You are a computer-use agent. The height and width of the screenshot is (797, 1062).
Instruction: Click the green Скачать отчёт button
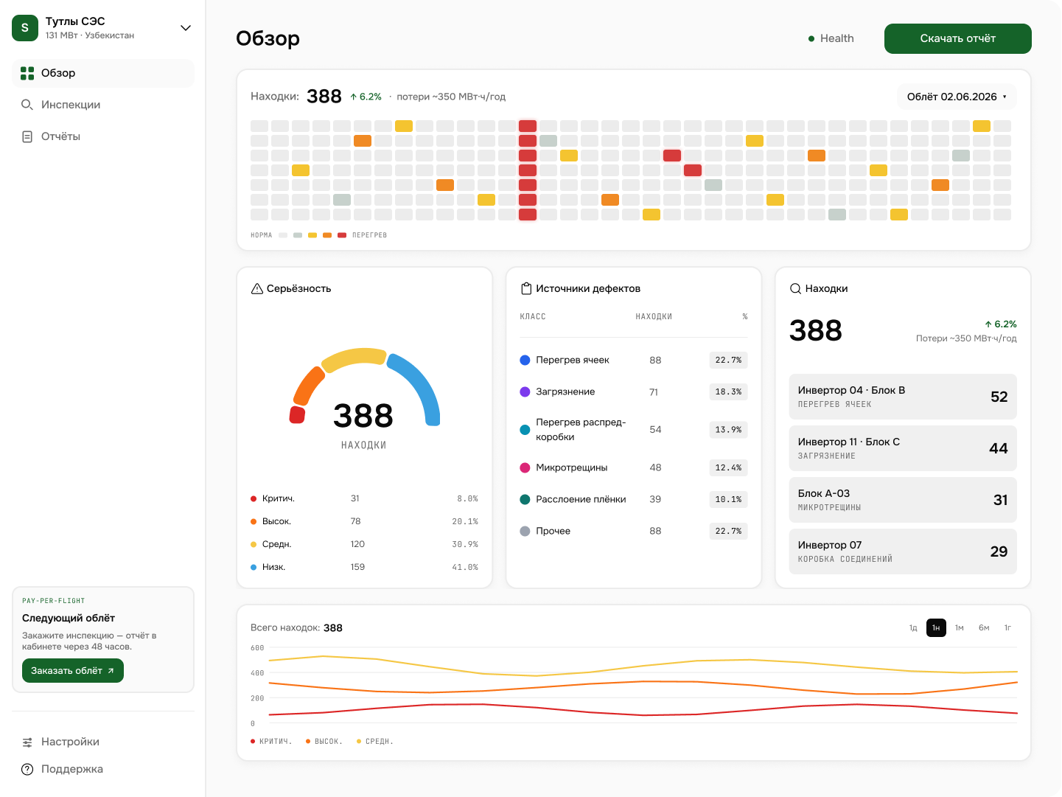point(957,38)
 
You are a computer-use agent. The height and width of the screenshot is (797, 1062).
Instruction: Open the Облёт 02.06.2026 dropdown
point(957,97)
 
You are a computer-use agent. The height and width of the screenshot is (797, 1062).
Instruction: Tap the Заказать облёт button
point(72,671)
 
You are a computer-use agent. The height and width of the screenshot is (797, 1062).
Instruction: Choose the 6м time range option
point(984,627)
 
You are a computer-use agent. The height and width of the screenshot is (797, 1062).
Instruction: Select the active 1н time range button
point(936,627)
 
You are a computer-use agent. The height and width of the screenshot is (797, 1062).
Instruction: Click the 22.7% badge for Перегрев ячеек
point(728,360)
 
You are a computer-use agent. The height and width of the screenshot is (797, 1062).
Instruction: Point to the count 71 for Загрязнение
point(654,392)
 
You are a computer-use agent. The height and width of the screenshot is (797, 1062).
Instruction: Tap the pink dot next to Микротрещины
point(525,467)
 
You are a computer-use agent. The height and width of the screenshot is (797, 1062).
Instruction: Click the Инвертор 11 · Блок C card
point(903,448)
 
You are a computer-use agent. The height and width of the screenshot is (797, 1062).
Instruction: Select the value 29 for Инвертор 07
point(999,551)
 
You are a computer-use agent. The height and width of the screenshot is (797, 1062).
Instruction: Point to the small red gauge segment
point(297,415)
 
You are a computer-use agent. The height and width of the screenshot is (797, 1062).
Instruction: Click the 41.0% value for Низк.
point(465,567)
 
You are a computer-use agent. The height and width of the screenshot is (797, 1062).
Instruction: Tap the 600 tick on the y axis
point(257,647)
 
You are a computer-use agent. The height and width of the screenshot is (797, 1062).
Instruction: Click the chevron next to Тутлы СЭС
point(185,28)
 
